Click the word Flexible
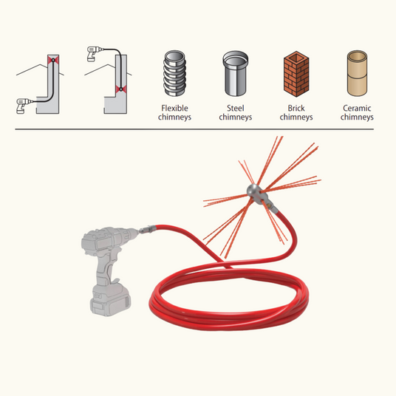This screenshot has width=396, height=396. (x=174, y=108)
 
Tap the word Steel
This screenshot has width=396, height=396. (x=236, y=108)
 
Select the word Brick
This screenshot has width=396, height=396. (x=296, y=108)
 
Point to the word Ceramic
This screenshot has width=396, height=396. (x=357, y=108)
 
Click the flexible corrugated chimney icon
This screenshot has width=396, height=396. (x=174, y=73)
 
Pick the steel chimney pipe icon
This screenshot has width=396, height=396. (x=236, y=73)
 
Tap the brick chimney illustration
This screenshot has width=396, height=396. (x=296, y=74)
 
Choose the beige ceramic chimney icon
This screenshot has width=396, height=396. (x=357, y=73)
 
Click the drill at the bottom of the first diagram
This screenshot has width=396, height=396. (x=23, y=106)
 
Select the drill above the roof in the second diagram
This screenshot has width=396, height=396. (x=95, y=53)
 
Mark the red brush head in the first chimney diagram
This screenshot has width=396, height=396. (x=53, y=60)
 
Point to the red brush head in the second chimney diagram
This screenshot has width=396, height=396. (x=121, y=89)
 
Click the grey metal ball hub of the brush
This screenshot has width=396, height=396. (x=254, y=191)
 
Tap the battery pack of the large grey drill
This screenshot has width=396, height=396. (x=110, y=301)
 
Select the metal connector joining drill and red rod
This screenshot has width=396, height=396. (x=147, y=230)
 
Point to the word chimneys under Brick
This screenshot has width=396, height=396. (x=296, y=117)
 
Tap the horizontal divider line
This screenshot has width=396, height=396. (x=194, y=129)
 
